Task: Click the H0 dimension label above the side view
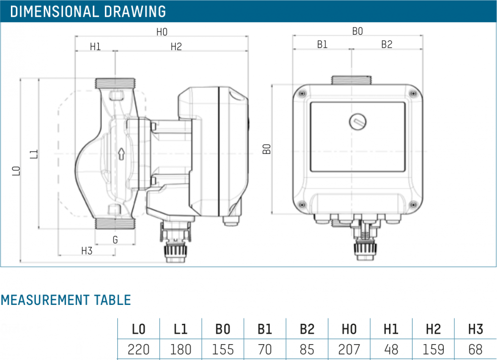click(x=162, y=32)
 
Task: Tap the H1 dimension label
click(x=95, y=47)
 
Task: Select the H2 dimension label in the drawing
click(x=176, y=47)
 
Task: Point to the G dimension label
click(x=115, y=240)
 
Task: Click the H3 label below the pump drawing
click(x=86, y=251)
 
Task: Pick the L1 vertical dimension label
click(x=34, y=154)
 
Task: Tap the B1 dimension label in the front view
click(x=322, y=44)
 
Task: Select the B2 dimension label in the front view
click(x=387, y=44)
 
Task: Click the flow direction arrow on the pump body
click(x=121, y=154)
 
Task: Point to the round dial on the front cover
click(x=357, y=122)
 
